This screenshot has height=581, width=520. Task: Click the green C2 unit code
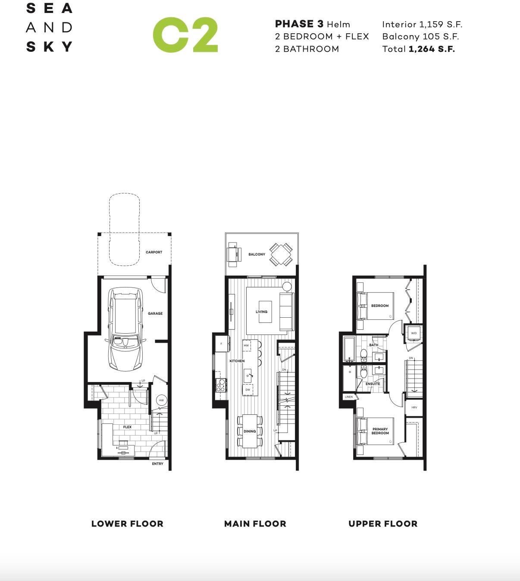(x=185, y=35)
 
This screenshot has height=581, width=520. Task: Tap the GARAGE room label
(x=155, y=313)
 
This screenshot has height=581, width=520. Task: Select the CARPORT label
(x=154, y=252)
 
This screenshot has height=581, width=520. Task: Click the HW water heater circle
(x=161, y=400)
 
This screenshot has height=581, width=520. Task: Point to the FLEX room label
(x=127, y=427)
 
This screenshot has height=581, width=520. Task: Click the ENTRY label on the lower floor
(x=157, y=464)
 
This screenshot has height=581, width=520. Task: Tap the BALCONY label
(x=257, y=254)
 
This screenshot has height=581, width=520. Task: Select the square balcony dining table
(x=281, y=254)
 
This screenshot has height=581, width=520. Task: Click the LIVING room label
(x=262, y=312)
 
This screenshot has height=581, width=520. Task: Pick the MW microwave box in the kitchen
(x=246, y=345)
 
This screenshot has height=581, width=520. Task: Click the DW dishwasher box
(x=248, y=390)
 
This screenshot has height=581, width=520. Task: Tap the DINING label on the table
(x=250, y=431)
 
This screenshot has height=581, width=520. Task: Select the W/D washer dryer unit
(x=413, y=333)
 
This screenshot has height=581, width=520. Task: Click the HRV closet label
(x=414, y=407)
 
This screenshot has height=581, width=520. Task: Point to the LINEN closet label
(x=349, y=397)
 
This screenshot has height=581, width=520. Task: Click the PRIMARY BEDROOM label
(x=380, y=431)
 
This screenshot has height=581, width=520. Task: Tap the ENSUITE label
(x=373, y=384)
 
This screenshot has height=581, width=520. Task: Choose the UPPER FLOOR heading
(x=383, y=524)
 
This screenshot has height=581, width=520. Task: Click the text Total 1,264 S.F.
(x=419, y=49)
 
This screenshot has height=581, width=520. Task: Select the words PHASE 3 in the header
(x=299, y=24)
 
